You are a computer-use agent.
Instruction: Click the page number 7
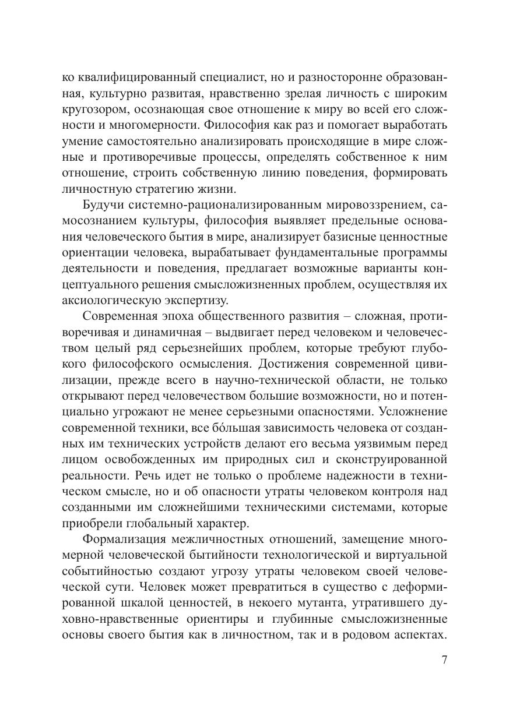coord(444,661)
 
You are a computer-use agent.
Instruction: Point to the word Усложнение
coord(413,412)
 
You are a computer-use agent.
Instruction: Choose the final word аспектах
coord(420,634)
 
